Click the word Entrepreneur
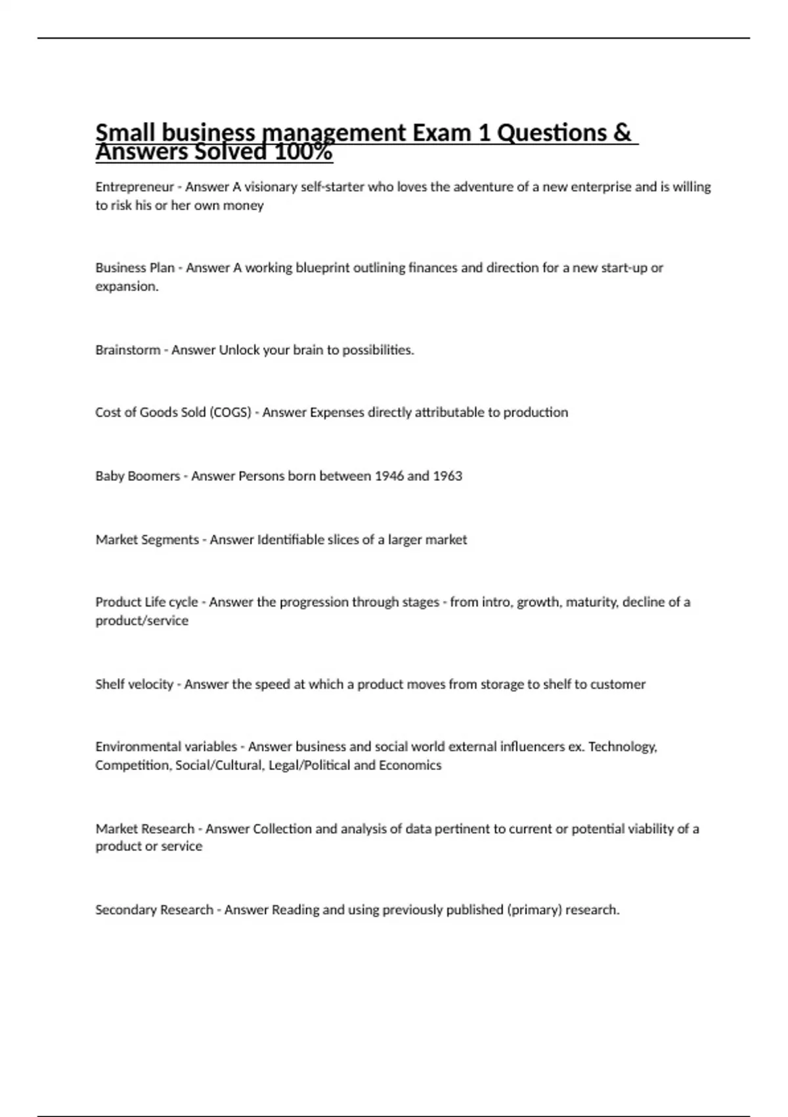(x=135, y=187)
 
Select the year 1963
(x=447, y=476)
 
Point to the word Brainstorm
(x=127, y=350)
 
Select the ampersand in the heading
(x=621, y=133)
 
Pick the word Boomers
(x=157, y=476)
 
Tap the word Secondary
(x=123, y=910)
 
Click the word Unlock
(x=239, y=350)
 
